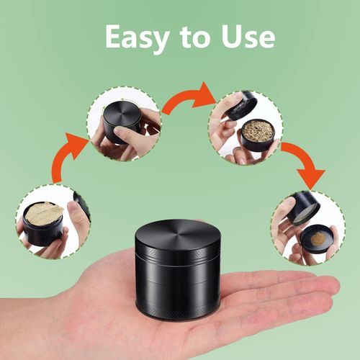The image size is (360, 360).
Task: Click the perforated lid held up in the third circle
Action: tap(239, 106)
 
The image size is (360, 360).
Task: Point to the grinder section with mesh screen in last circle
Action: tap(303, 208)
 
